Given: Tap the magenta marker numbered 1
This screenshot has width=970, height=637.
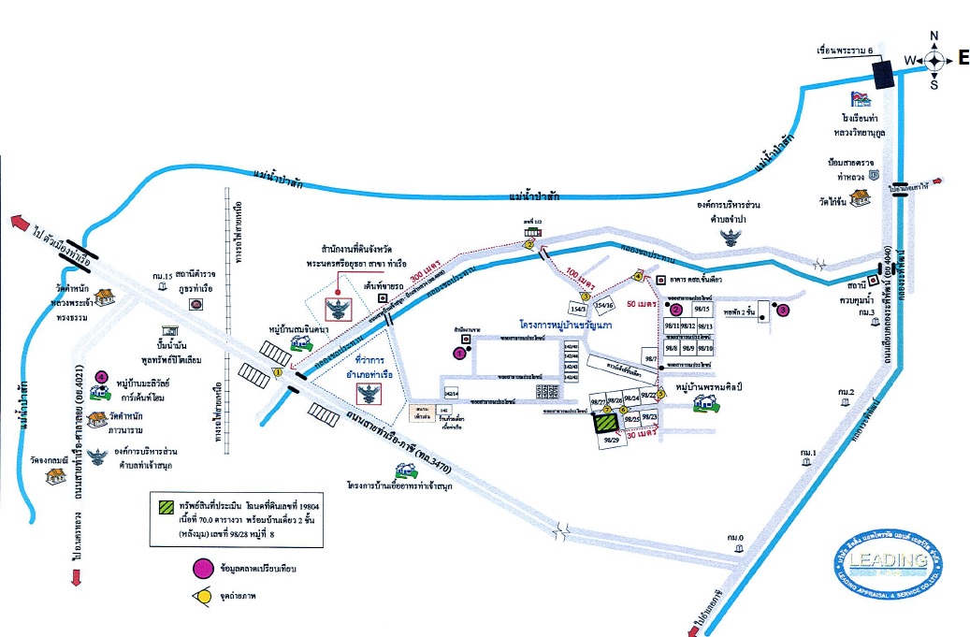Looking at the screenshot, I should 459,353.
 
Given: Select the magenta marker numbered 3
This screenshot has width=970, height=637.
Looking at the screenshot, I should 784,309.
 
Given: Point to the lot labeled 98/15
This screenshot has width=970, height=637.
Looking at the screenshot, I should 704,308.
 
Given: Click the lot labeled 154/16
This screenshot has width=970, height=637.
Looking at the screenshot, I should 605,305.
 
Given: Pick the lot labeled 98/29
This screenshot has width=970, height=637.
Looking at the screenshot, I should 613,441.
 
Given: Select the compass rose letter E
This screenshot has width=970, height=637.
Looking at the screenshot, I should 963,59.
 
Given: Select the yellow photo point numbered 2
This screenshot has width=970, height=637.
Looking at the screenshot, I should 528,245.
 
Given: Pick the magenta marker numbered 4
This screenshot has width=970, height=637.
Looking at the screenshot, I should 102,377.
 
